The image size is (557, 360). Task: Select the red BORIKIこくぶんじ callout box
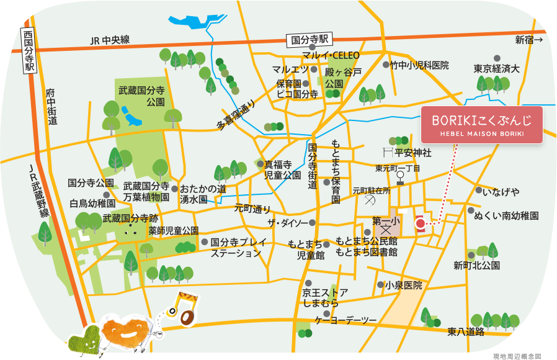481,125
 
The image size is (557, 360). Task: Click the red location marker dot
420,223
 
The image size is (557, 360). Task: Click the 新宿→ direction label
528,40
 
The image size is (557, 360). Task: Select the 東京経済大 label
497,68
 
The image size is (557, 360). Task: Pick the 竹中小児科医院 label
419,65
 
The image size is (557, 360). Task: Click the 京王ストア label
325,292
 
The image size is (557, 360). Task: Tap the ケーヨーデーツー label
345,320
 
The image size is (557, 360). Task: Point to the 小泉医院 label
403,286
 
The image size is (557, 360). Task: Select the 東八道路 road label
466,333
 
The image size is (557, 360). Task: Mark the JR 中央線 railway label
110,40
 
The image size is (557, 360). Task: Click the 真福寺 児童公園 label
283,169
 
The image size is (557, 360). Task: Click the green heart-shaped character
84,340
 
